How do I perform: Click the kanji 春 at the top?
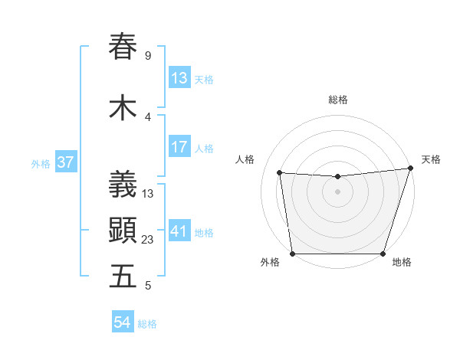[x=123, y=47]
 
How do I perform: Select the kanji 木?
[x=123, y=108]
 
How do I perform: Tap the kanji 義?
[x=123, y=185]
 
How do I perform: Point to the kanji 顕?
[x=123, y=231]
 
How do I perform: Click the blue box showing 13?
[x=179, y=78]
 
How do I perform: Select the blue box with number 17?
[x=179, y=147]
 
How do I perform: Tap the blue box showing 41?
[x=179, y=231]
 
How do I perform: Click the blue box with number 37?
[x=65, y=162]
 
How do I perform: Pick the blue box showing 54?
[x=123, y=323]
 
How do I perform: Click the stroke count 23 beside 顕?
[x=148, y=240]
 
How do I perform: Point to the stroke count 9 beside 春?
[x=147, y=56]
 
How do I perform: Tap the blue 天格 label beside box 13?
[x=204, y=79]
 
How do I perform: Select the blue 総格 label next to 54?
[x=147, y=324]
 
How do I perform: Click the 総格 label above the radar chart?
[x=338, y=100]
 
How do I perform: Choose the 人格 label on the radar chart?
[x=245, y=159]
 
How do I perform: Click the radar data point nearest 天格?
[x=410, y=169]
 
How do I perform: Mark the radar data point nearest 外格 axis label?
[x=292, y=254]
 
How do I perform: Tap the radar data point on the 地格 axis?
[x=383, y=254]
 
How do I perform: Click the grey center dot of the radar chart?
[x=337, y=191]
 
